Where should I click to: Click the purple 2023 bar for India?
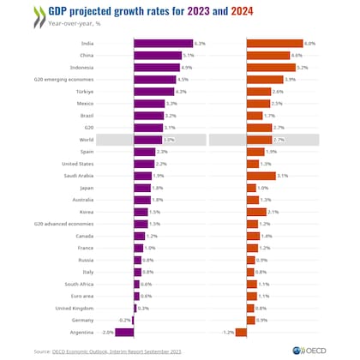pos(163,44)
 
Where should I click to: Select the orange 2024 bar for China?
pos(267,56)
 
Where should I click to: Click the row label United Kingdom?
pos(73,308)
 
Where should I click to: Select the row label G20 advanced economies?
pos(64,224)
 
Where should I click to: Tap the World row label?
pos(86,140)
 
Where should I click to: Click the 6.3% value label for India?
pos(200,44)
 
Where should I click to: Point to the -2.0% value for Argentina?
pos(107,332)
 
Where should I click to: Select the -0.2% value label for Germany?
pos(124,320)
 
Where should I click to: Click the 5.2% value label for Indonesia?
pos(303,68)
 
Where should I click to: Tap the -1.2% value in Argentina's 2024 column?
pos(228,332)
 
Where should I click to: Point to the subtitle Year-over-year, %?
pos(75,25)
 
